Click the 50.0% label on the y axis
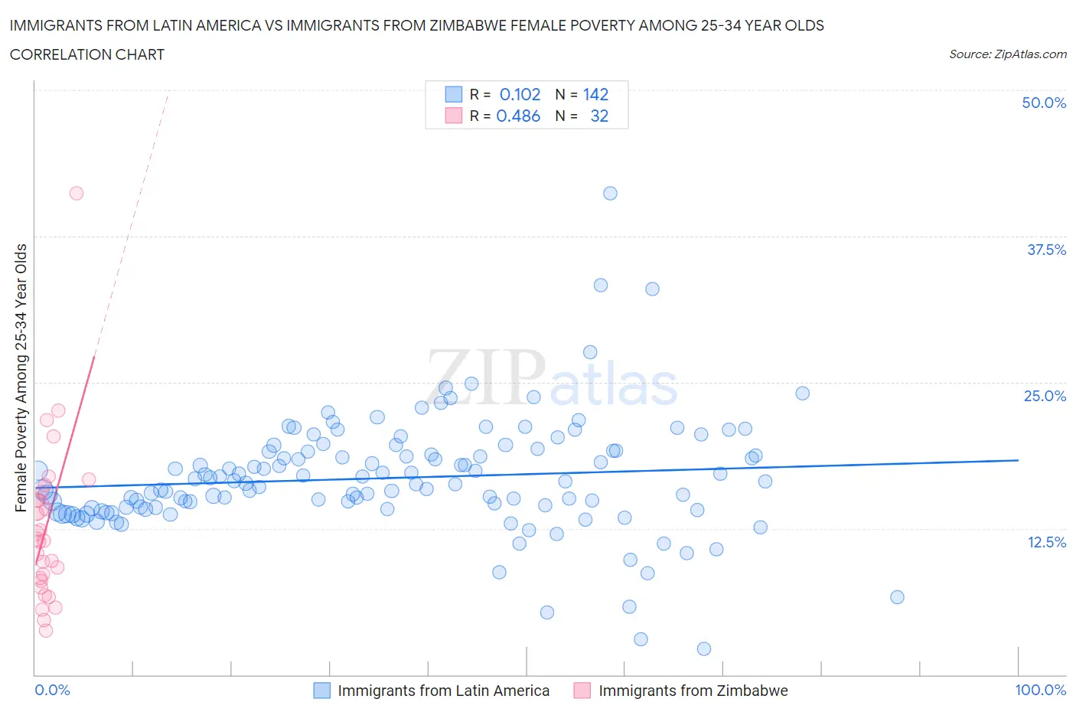[1044, 103]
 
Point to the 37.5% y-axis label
[1046, 250]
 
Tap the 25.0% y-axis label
[1045, 396]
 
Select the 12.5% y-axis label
[1046, 542]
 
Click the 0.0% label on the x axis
[52, 690]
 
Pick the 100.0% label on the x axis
[1040, 690]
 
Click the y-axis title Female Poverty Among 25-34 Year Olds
[21, 377]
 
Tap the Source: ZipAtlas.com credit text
[1007, 54]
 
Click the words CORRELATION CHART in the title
[87, 54]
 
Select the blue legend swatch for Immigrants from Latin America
[322, 691]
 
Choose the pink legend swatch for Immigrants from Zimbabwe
[582, 691]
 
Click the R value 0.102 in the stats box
[520, 94]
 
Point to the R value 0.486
[518, 116]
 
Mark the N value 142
[595, 94]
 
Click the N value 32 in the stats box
[599, 116]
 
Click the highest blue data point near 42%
[610, 193]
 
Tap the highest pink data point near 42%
[77, 193]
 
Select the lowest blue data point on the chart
[704, 648]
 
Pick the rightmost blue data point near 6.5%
[897, 597]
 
